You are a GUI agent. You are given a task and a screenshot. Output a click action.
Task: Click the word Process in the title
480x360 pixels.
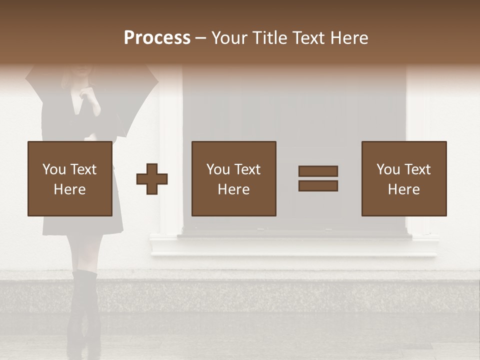tap(157, 38)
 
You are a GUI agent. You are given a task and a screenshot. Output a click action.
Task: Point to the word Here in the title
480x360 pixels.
tap(350, 38)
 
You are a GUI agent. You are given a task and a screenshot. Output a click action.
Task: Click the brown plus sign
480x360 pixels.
tap(152, 179)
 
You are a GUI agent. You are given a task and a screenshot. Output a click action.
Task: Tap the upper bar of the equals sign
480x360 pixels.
tap(318, 171)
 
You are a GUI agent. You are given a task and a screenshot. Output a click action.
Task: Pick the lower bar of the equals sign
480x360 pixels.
tap(318, 186)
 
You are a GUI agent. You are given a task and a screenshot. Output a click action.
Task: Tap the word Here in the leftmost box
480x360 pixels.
tap(69, 189)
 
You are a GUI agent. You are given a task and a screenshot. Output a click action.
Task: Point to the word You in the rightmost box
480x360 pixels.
tap(388, 169)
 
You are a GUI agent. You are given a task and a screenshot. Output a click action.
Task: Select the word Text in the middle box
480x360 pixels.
tap(248, 169)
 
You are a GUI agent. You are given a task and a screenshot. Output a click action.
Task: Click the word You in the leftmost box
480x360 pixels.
tap(54, 169)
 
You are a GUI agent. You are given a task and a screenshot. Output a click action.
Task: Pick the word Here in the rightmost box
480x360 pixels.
tap(403, 189)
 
